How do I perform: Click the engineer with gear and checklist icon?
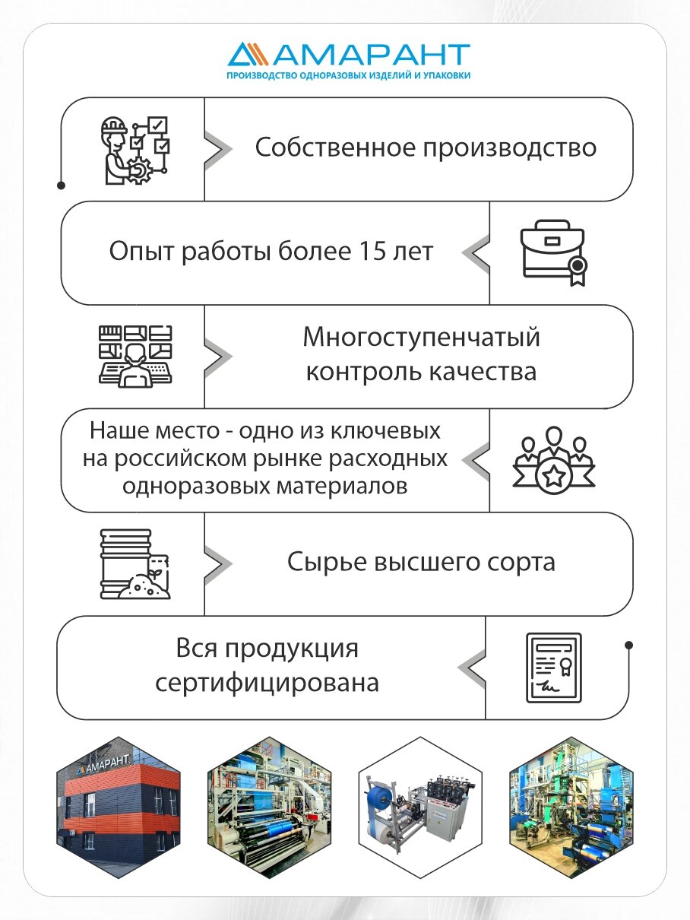tap(135, 150)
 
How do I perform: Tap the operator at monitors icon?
tap(135, 354)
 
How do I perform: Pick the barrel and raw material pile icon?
tap(135, 563)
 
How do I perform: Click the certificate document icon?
tap(553, 667)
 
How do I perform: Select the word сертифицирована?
tap(267, 682)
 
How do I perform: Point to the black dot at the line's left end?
tap(61, 185)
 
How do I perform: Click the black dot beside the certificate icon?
tap(628, 646)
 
